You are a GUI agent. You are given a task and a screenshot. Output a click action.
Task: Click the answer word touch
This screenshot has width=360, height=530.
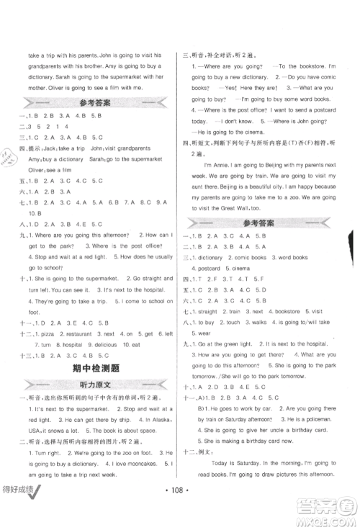pyautogui.click(x=230, y=323)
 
